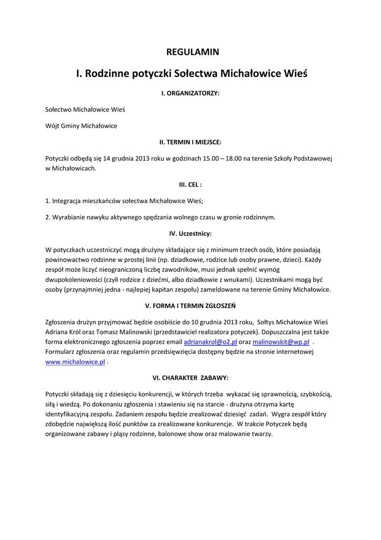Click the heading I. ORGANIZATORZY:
190,93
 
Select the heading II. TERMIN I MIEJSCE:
190,142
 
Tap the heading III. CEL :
190,185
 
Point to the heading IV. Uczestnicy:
190,233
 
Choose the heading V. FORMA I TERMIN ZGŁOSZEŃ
190,305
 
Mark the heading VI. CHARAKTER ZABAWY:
190,378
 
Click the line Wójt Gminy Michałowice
81,126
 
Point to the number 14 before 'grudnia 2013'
107,158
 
